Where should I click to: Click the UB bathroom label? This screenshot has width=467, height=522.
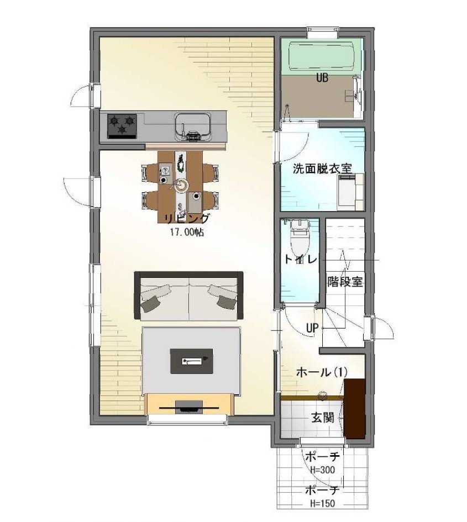coord(322,78)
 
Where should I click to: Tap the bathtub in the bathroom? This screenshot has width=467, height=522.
coord(321,56)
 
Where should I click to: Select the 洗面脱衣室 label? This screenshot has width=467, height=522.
coord(322,168)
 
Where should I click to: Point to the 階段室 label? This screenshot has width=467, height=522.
coord(345,282)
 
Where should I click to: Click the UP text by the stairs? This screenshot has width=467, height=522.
coord(312,328)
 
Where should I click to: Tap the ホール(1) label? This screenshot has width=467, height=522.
coord(322,372)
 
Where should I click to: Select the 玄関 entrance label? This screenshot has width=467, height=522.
coord(322,418)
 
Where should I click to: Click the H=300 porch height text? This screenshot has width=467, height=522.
coord(322,470)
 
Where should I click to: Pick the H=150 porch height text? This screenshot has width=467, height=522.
coord(322,503)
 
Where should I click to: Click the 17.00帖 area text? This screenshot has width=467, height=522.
coord(187,232)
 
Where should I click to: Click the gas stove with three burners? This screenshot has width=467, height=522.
coord(122,126)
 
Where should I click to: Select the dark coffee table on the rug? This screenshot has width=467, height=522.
coord(192,361)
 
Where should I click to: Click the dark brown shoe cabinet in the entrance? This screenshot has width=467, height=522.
coord(354,408)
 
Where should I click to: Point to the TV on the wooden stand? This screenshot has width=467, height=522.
coord(189,408)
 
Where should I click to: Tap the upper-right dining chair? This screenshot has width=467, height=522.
coord(211,173)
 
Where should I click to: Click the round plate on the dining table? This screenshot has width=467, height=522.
coord(182,185)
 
